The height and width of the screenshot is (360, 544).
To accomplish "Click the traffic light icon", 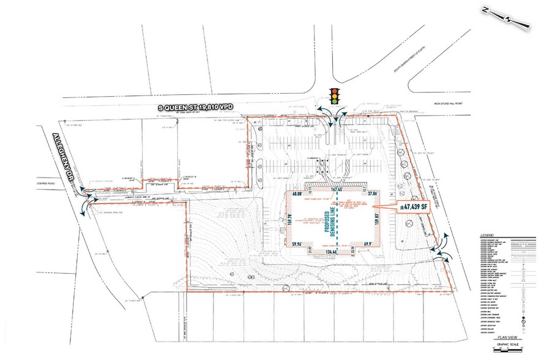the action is coord(335,95).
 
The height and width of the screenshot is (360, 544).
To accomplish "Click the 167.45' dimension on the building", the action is coord(335,190).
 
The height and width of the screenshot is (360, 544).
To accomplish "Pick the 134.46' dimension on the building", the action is coord(333,251).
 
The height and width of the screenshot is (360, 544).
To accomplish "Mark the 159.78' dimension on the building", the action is coord(290,219).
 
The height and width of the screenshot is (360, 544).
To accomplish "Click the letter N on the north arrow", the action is coord(485,10).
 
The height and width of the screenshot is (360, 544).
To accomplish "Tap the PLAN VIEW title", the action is coord(506,337).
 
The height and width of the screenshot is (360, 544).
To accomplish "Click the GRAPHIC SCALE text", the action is coord(506,343).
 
